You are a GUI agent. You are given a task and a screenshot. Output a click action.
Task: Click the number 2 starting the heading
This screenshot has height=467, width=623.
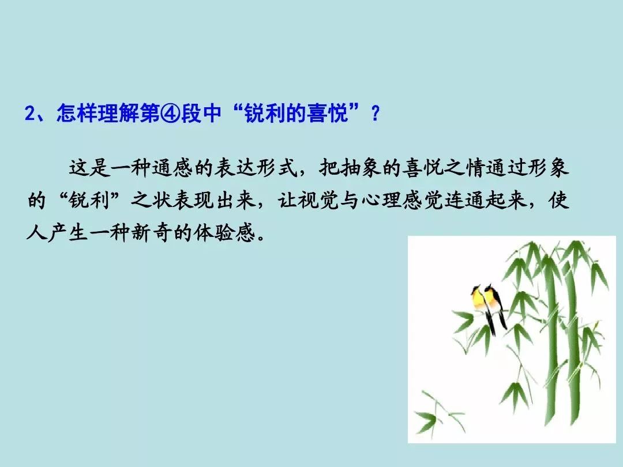tap(30, 114)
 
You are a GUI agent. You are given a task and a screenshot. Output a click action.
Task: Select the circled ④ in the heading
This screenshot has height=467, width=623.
tap(171, 114)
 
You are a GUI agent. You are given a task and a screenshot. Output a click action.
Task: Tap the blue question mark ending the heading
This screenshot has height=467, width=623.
tap(375, 114)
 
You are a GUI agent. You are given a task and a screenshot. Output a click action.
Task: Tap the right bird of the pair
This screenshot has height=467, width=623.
tap(495, 302)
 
